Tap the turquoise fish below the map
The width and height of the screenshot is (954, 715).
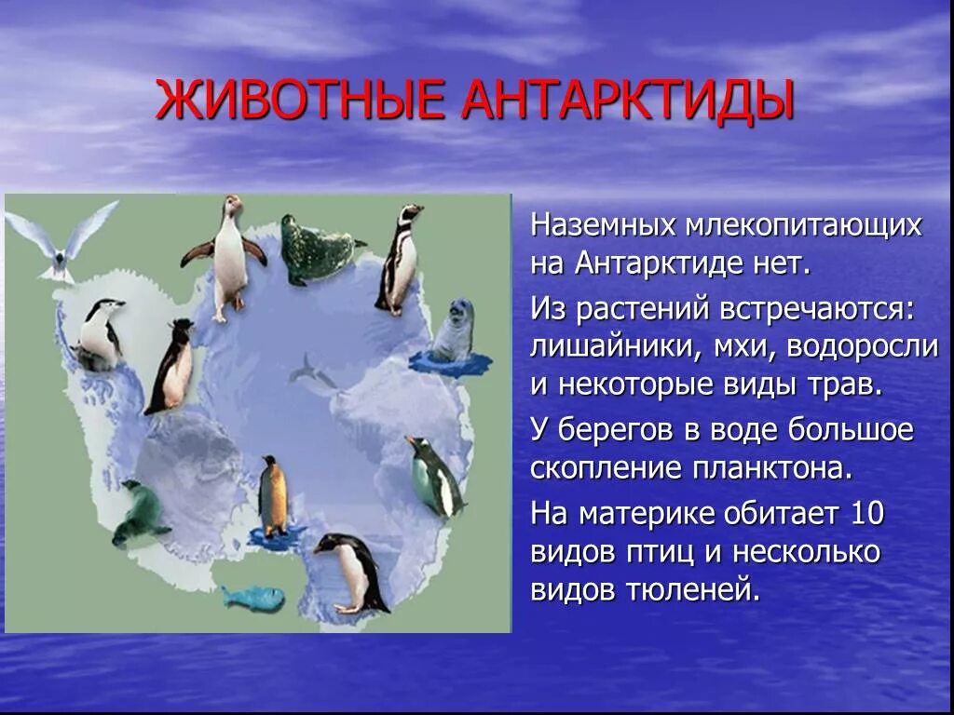[254, 597]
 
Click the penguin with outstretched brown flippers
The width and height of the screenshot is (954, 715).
[226, 256]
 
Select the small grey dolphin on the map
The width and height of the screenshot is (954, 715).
[310, 372]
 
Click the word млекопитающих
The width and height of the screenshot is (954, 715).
[804, 226]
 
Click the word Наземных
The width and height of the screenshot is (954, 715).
[604, 226]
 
